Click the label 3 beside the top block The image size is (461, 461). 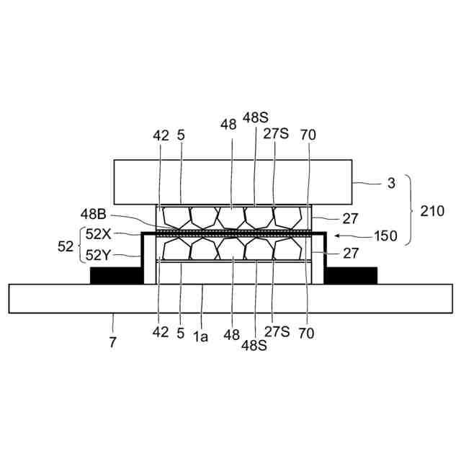(x=391, y=183)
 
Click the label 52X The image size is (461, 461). (x=99, y=234)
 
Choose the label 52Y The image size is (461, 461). (x=99, y=254)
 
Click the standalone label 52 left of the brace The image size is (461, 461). (x=66, y=245)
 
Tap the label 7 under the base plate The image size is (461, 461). (x=113, y=341)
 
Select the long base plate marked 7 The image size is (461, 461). (x=230, y=298)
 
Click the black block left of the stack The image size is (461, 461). (x=115, y=275)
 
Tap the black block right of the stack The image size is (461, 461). (x=352, y=275)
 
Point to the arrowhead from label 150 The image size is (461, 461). (x=338, y=235)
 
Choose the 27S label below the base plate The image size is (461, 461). (x=276, y=332)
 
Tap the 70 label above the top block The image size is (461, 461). (x=310, y=134)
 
